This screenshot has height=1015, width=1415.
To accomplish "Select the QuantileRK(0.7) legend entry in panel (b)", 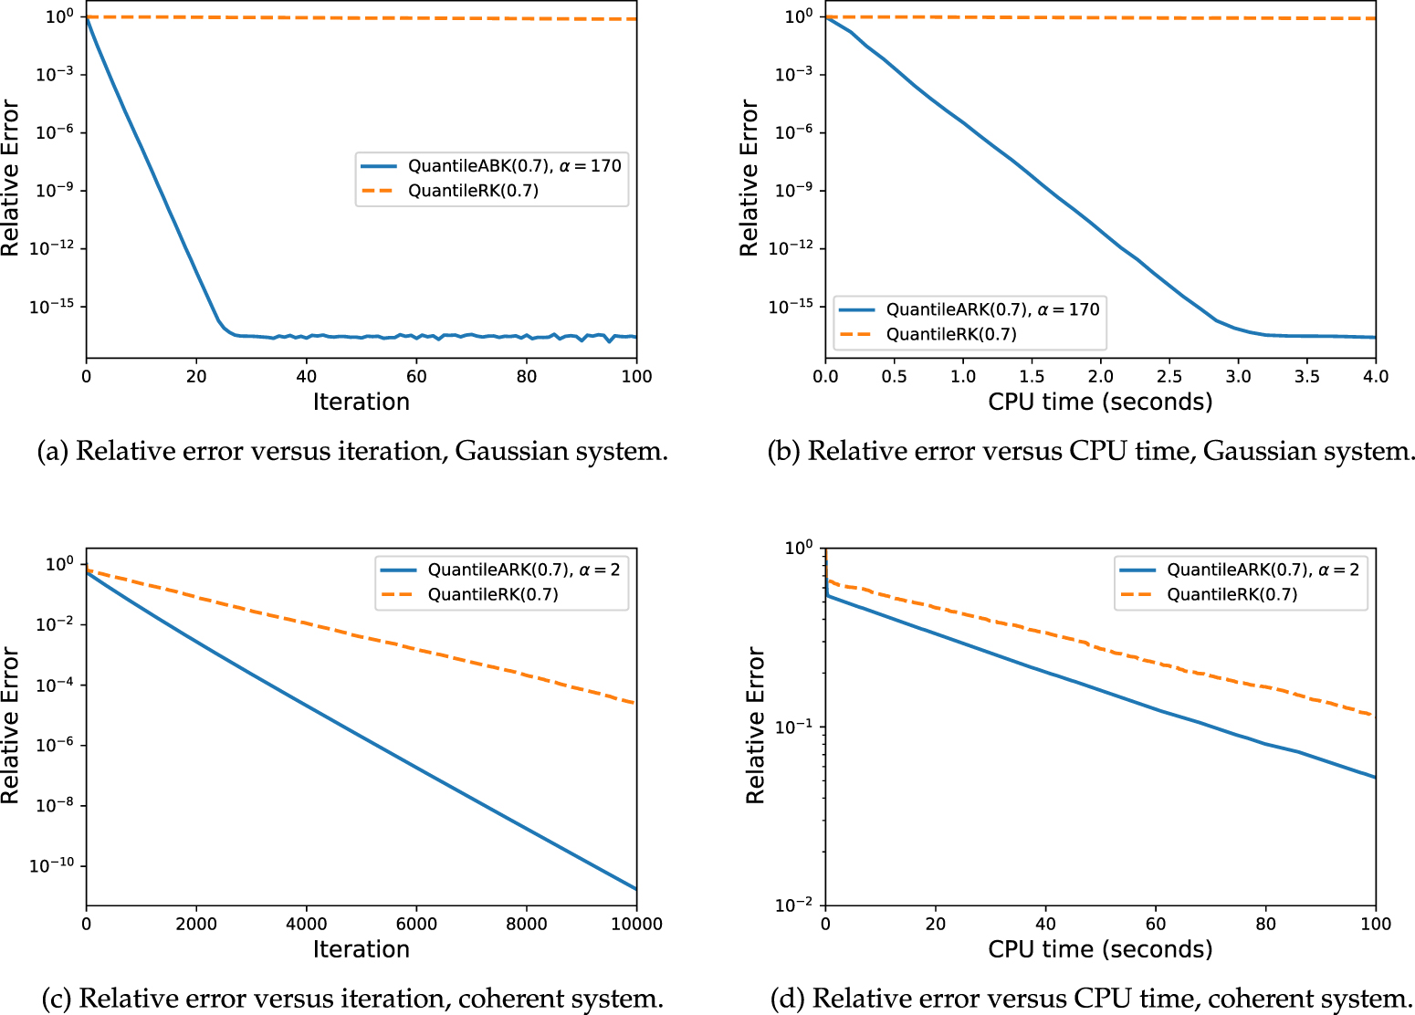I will point(951,334).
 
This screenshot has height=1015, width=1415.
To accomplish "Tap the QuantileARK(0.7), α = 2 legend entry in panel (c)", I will point(523,570).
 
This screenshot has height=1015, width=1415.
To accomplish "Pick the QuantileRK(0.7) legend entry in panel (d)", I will point(1232,594).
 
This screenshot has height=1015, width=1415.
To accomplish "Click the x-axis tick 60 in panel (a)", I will point(416,376).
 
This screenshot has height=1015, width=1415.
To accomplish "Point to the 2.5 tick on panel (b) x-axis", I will point(1169,376).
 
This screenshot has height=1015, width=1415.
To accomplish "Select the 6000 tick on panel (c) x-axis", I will point(416,924).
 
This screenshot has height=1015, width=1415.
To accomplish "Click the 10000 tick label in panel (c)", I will point(636,924).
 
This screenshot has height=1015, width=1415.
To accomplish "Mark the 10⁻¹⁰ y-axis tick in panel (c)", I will point(52,865).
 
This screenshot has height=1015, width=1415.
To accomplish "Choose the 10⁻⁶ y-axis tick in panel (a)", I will point(55,132).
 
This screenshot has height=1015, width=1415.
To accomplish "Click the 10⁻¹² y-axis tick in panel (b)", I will point(791,248).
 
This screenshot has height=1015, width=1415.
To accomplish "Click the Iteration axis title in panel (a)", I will point(362,402).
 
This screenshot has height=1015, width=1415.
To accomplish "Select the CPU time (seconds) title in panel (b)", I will point(1100,402).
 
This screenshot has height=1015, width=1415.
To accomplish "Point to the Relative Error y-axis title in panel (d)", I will point(755,726).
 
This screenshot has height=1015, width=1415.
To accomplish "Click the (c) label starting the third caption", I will point(56,999).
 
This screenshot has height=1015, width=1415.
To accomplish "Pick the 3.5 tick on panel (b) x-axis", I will point(1307,376).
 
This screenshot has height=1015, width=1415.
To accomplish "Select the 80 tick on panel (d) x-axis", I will point(1265,924).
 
